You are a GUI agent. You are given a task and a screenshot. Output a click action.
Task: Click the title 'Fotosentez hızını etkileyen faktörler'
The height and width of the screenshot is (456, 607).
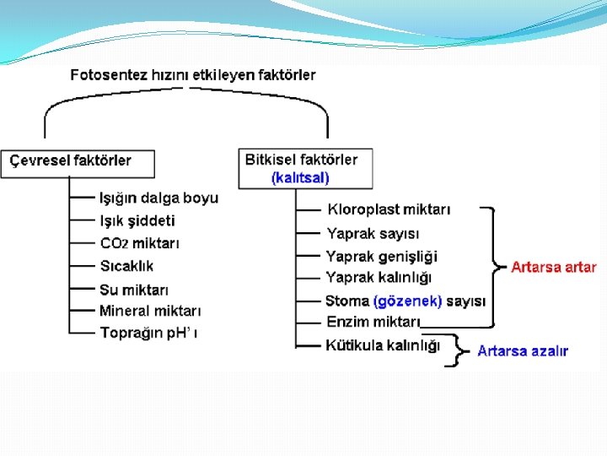tap(193, 75)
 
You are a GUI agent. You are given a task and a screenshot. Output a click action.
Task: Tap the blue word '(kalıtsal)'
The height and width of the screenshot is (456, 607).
tap(300, 177)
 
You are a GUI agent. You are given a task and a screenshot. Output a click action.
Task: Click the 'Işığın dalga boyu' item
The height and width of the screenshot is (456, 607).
tap(158, 198)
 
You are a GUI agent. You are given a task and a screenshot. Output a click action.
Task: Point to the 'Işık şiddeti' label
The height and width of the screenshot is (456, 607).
tap(137, 220)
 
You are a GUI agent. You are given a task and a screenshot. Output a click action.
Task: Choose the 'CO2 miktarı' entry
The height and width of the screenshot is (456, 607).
tap(139, 243)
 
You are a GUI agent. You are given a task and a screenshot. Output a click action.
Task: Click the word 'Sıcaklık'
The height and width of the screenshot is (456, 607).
tap(126, 266)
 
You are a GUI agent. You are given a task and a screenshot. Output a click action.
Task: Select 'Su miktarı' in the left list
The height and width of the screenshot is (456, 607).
tap(134, 290)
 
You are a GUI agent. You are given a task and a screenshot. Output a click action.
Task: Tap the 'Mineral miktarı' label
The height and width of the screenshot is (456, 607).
tap(149, 311)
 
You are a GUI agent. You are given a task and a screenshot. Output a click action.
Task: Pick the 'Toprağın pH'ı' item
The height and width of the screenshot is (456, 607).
tap(148, 333)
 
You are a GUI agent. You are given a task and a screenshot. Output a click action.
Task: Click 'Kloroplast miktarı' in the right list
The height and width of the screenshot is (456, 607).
tap(389, 209)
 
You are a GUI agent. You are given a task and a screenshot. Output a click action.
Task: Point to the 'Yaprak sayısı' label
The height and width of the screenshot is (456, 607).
tap(373, 233)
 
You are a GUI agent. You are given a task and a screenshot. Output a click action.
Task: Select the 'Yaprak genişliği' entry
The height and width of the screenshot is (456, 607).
tap(382, 256)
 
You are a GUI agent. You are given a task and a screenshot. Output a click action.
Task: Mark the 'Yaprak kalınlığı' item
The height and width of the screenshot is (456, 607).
tap(379, 278)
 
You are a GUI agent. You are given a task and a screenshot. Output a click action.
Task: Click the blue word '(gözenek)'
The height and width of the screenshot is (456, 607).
tap(407, 301)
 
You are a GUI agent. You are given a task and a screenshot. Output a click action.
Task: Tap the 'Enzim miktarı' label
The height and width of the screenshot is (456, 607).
tap(373, 322)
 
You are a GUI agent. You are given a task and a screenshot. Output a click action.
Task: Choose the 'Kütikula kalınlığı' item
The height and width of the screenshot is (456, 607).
tap(383, 345)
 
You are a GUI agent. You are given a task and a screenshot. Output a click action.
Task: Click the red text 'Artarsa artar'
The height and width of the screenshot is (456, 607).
tap(553, 267)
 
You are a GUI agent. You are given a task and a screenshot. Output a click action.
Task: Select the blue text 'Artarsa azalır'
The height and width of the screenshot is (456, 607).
tap(523, 351)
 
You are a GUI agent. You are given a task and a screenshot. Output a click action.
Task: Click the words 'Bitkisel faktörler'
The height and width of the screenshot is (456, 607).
tap(301, 160)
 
